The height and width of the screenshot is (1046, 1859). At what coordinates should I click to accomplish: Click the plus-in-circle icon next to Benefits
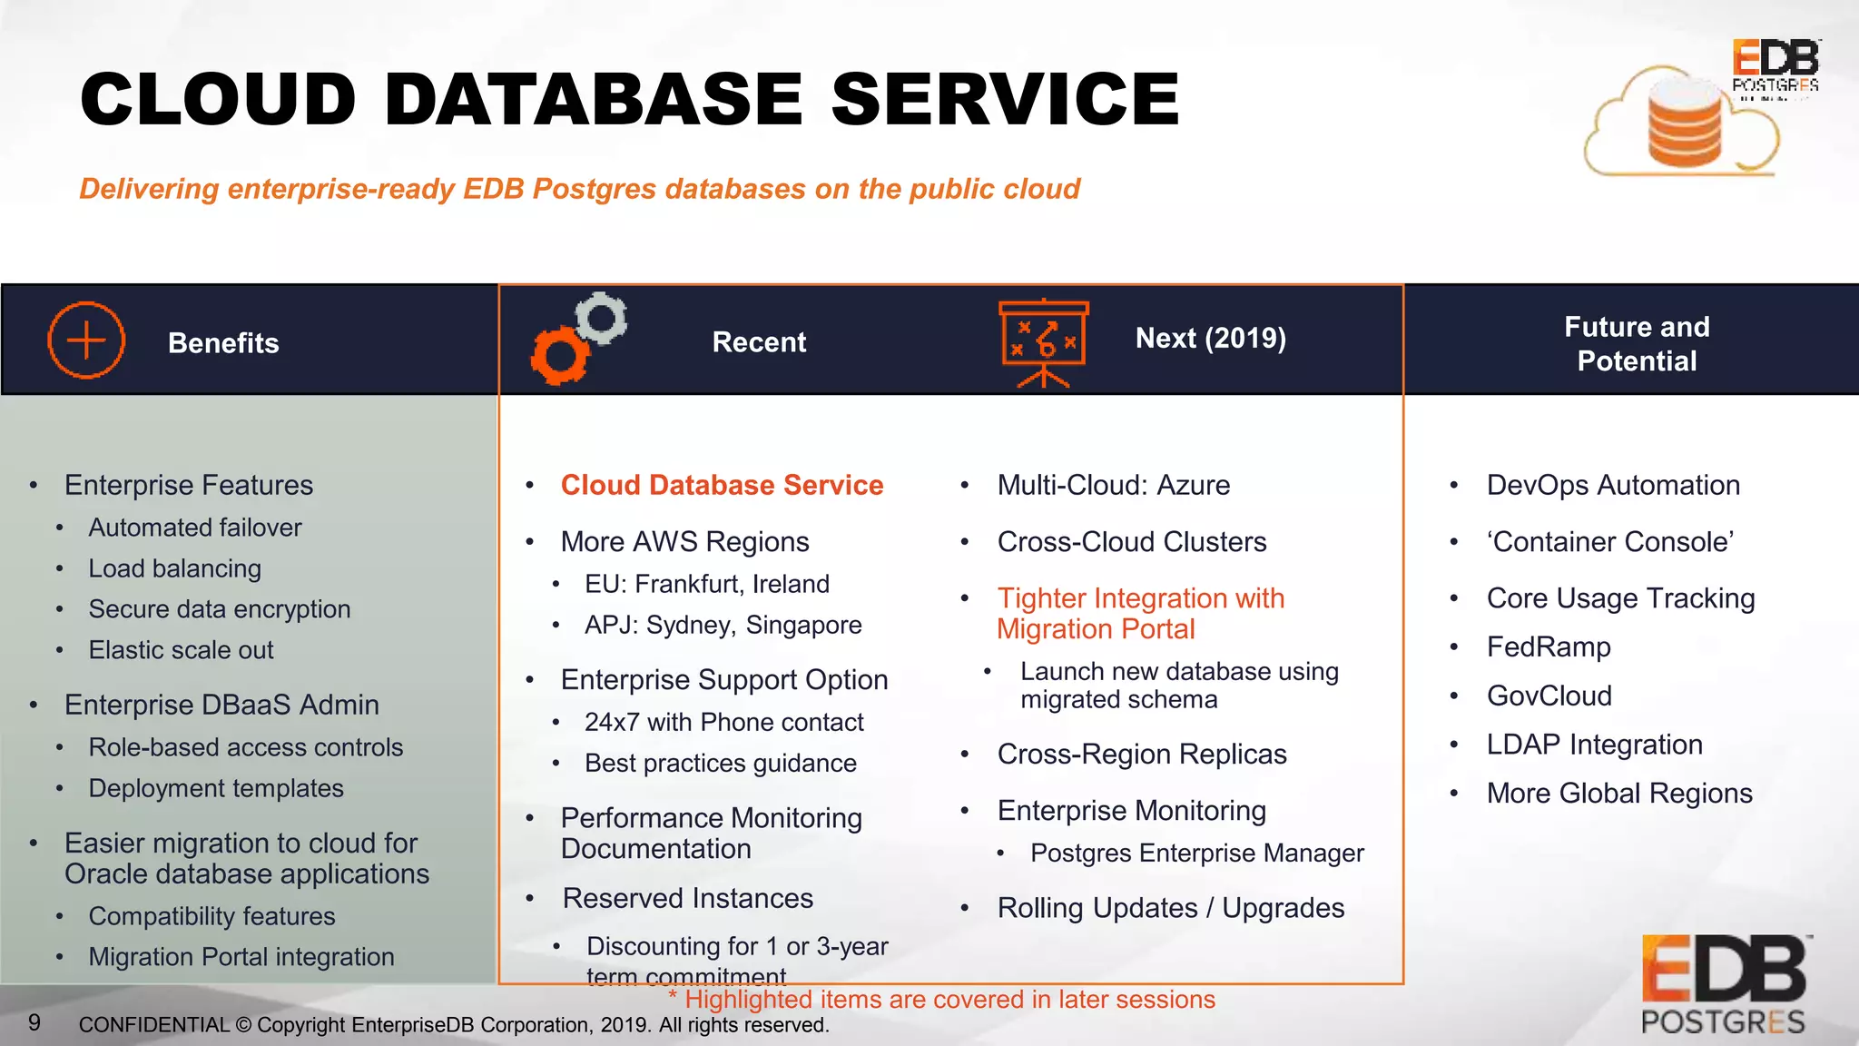tap(86, 340)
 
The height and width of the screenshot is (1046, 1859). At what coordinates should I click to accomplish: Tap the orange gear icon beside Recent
tap(558, 356)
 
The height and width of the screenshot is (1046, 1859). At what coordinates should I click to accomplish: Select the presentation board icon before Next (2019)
tap(1044, 341)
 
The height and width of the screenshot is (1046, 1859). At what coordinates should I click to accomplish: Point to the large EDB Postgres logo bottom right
tap(1724, 984)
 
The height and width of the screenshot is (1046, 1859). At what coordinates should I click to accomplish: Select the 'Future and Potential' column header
tap(1636, 343)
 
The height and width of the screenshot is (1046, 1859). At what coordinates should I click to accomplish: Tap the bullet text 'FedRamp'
tap(1548, 646)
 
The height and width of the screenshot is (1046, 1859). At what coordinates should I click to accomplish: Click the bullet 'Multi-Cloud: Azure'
tap(1113, 485)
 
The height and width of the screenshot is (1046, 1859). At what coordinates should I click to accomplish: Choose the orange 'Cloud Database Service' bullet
tap(722, 485)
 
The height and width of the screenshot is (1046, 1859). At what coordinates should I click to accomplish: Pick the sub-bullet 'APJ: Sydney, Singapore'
tap(723, 625)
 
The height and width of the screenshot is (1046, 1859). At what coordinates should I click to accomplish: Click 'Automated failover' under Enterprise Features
tap(194, 528)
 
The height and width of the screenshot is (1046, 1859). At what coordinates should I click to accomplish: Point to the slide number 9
tap(34, 1022)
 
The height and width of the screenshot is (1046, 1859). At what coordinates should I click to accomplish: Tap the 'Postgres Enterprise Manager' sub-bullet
tap(1196, 853)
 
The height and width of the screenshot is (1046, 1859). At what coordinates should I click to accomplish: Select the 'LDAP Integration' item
tap(1594, 744)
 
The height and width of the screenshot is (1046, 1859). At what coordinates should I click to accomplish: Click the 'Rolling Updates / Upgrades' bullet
tap(1170, 907)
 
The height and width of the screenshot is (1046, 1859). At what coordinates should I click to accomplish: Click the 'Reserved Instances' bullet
tap(687, 898)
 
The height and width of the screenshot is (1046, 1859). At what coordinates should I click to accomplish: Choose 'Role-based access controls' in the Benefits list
tap(245, 747)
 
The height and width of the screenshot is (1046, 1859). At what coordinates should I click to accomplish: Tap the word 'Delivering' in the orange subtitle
tap(149, 189)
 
